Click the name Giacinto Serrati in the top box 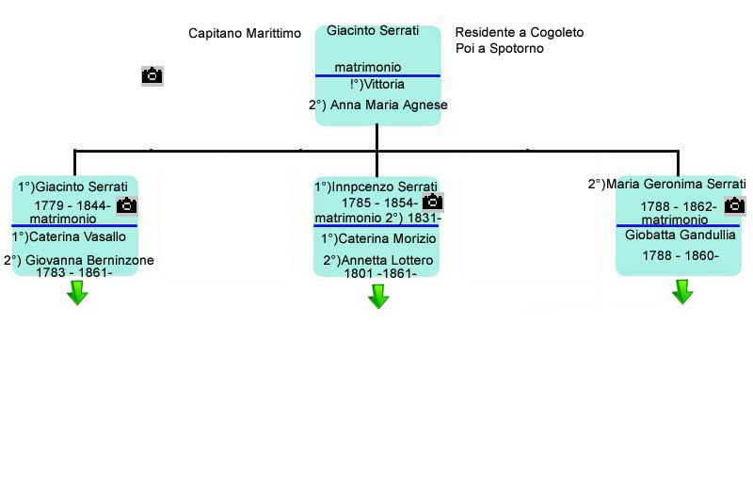click(373, 31)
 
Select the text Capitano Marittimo click(245, 33)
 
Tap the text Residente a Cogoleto click(519, 32)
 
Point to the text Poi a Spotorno click(499, 48)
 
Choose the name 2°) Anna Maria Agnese click(377, 105)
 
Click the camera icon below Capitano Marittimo click(152, 76)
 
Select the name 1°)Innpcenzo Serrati click(376, 187)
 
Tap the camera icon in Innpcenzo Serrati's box click(433, 202)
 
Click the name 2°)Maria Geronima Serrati click(666, 184)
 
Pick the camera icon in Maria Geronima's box click(734, 205)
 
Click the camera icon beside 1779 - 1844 click(127, 205)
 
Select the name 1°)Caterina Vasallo click(69, 237)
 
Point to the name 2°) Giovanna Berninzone click(79, 260)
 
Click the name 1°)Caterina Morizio click(378, 238)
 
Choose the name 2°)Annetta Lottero click(378, 260)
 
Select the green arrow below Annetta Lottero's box click(378, 297)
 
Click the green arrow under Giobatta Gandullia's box click(682, 293)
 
